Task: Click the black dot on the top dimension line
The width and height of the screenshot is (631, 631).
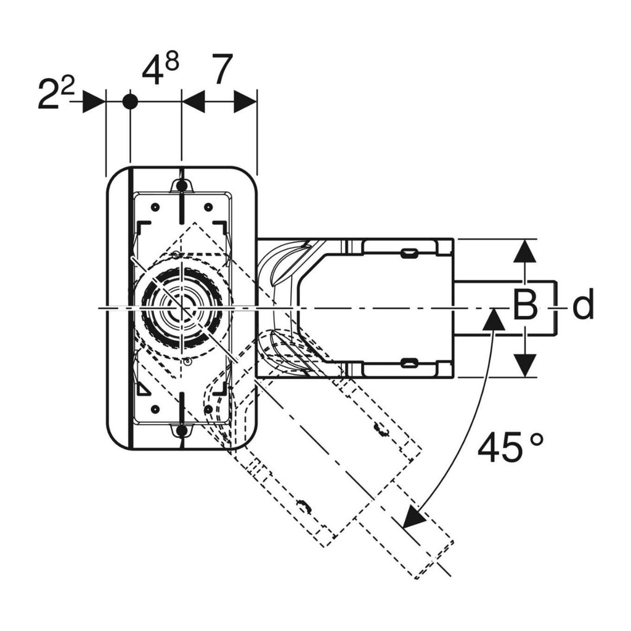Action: (130, 102)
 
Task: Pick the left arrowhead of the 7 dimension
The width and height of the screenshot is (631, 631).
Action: (193, 102)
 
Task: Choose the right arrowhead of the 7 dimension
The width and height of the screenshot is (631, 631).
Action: (245, 102)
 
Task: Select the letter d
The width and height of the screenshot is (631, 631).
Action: (582, 306)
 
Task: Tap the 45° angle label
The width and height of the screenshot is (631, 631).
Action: (511, 448)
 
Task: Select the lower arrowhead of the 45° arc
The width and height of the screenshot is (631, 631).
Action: (413, 518)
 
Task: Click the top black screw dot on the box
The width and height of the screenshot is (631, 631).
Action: (181, 185)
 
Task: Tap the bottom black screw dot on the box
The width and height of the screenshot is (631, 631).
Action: (181, 431)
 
